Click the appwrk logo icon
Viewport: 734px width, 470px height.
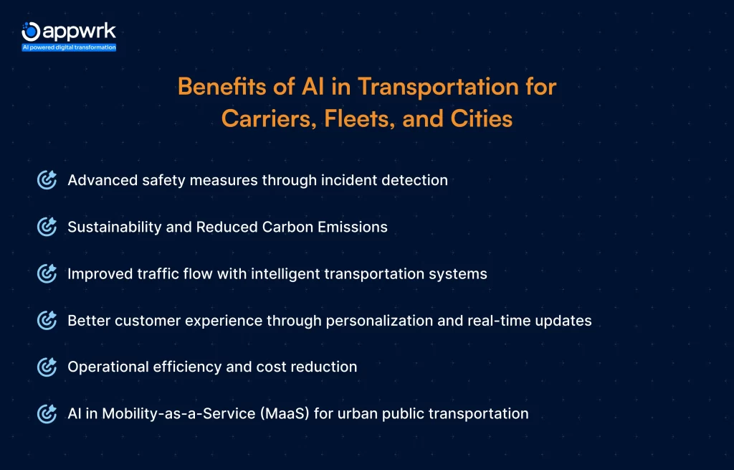(30, 31)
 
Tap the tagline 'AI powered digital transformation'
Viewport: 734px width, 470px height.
(69, 47)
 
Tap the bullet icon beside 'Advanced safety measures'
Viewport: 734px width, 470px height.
(47, 180)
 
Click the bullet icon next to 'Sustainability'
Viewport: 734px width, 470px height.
(47, 227)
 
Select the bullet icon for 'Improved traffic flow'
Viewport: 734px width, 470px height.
(47, 273)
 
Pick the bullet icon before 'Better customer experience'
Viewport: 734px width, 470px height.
(47, 320)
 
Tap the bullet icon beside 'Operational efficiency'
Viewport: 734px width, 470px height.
(47, 367)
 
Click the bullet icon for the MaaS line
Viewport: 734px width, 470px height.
(47, 413)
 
